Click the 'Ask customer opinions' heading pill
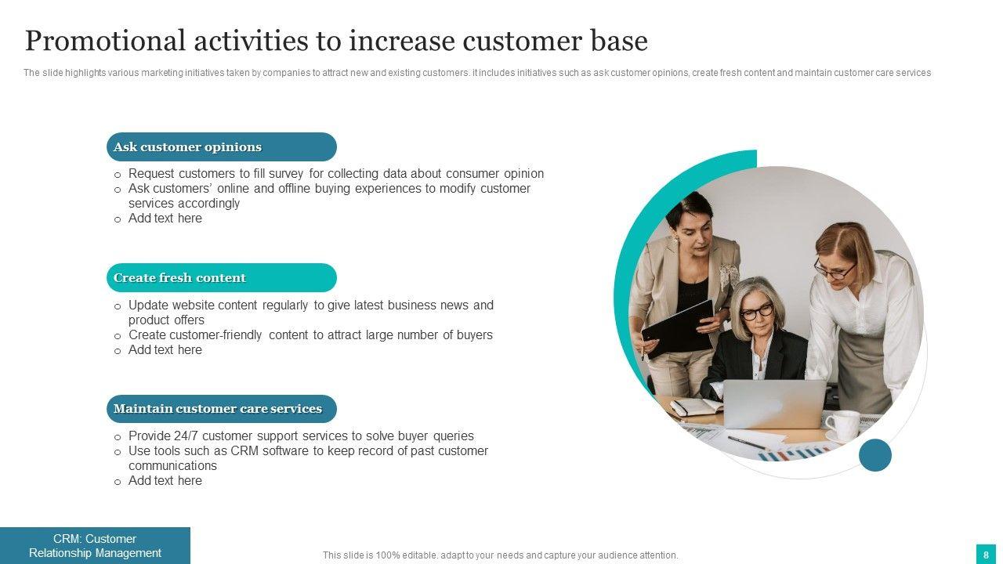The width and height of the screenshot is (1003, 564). click(222, 146)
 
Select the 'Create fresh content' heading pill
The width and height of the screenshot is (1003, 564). click(222, 277)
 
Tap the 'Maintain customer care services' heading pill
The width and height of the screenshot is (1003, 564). click(222, 409)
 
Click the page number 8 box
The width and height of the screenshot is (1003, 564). click(986, 555)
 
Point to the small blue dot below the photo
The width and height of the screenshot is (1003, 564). click(875, 455)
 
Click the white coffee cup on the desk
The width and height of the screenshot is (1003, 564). click(842, 425)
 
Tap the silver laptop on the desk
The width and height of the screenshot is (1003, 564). click(774, 403)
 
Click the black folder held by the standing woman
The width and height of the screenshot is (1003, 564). click(679, 327)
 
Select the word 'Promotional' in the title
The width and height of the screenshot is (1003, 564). click(105, 42)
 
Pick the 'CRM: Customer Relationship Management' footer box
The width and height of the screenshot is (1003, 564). click(95, 546)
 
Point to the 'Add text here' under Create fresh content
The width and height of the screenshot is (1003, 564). click(165, 349)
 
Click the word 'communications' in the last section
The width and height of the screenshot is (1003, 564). click(172, 465)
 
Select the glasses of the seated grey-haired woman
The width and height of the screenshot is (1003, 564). click(757, 311)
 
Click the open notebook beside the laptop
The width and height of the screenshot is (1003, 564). click(696, 407)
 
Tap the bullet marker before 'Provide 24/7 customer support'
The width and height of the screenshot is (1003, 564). click(118, 437)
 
